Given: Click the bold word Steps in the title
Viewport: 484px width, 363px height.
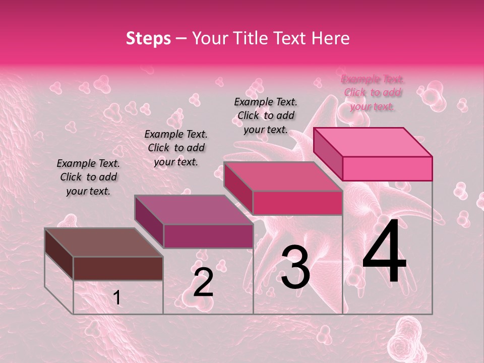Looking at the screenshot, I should pos(148,38).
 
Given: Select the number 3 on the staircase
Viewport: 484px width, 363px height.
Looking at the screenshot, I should pos(295,267).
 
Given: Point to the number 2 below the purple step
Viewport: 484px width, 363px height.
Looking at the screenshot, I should pos(203,282).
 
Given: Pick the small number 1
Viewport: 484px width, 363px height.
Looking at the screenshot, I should pos(117,298).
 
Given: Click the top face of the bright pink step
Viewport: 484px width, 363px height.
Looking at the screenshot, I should pos(373,142).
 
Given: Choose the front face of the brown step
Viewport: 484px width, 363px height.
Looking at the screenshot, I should pos(118,268).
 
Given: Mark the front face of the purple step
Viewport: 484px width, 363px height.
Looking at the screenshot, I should pos(208,236).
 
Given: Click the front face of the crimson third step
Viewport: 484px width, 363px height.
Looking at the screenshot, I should pos(297,203).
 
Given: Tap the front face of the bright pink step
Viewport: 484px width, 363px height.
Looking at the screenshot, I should pos(387,168).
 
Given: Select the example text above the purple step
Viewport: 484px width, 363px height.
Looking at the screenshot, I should pos(176,148).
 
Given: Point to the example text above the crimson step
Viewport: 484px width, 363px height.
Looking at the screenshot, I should pos(266,115).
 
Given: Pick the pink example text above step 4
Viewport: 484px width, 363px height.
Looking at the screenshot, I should pos(373,92).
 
